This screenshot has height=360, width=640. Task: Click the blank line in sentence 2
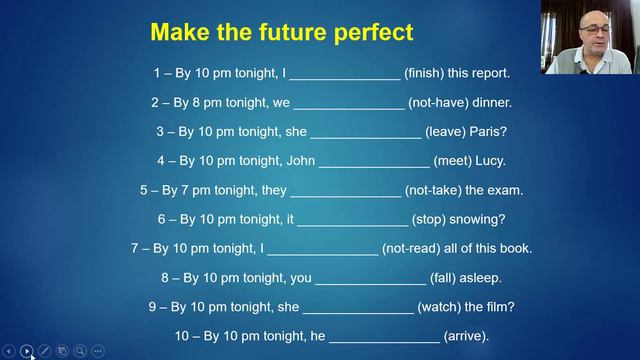point(348,102)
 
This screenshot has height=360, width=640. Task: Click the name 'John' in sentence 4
point(292,160)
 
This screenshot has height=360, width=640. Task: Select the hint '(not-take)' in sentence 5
point(438,190)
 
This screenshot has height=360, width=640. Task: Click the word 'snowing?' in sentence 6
point(475,219)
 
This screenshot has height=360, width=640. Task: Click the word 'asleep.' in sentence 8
point(479,277)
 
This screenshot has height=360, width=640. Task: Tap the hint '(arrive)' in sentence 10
point(466,336)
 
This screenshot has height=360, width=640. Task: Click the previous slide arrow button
point(9,351)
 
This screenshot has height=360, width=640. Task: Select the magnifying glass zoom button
point(80,351)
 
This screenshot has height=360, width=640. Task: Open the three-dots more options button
point(98,351)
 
